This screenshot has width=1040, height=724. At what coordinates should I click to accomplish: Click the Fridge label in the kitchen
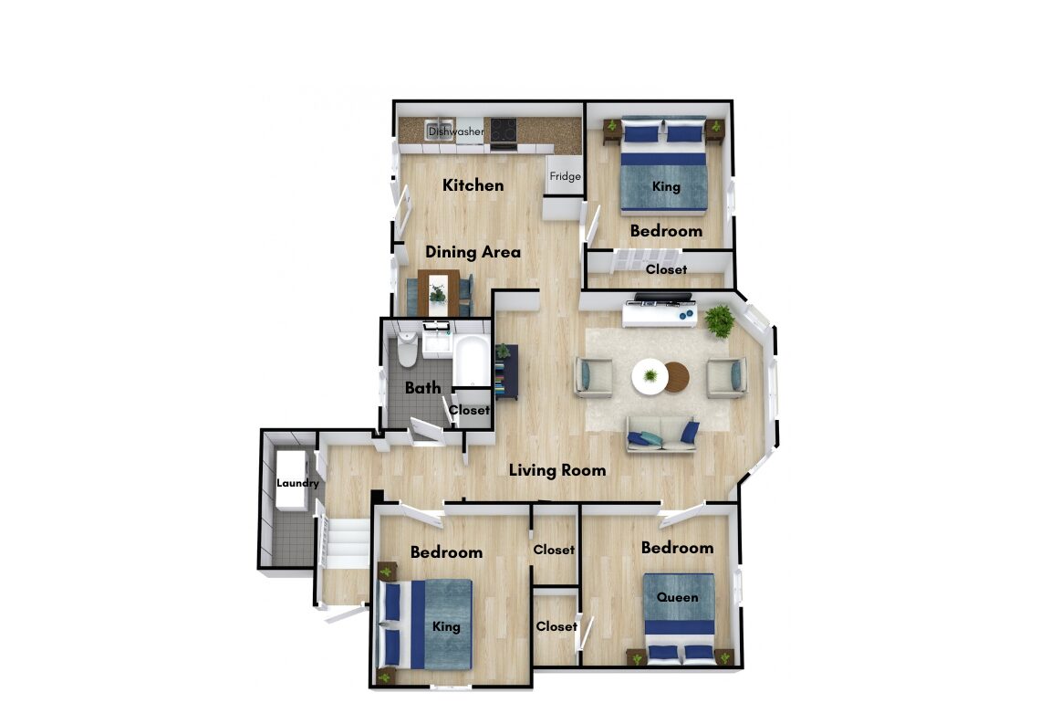pyautogui.click(x=565, y=176)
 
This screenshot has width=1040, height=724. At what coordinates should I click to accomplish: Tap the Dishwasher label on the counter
pyautogui.click(x=456, y=131)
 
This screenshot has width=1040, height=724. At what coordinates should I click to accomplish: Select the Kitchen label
pyautogui.click(x=473, y=185)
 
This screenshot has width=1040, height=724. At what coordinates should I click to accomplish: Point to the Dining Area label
pyautogui.click(x=473, y=252)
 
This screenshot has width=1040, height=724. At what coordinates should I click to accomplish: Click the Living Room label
pyautogui.click(x=557, y=470)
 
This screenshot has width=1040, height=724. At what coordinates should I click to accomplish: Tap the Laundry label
pyautogui.click(x=297, y=483)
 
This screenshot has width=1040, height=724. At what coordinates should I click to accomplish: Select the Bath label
pyautogui.click(x=423, y=387)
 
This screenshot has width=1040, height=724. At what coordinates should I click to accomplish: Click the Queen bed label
pyautogui.click(x=677, y=597)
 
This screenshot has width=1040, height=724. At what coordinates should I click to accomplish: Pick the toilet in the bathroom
pyautogui.click(x=407, y=349)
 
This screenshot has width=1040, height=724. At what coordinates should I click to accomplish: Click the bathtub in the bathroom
pyautogui.click(x=472, y=359)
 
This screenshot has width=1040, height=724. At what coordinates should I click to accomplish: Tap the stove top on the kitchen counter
pyautogui.click(x=504, y=130)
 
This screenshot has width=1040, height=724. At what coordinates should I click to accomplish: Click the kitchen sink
pyautogui.click(x=439, y=129)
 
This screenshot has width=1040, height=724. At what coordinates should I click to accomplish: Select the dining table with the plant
pyautogui.click(x=439, y=293)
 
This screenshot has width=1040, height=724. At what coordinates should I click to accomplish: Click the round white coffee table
pyautogui.click(x=650, y=377)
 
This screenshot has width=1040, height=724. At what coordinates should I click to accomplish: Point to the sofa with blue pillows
pyautogui.click(x=662, y=435)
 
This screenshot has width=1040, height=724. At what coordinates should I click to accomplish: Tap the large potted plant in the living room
pyautogui.click(x=720, y=321)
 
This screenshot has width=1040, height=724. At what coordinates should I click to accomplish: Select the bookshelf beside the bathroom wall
pyautogui.click(x=506, y=372)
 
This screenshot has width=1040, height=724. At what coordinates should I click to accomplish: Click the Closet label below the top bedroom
pyautogui.click(x=667, y=269)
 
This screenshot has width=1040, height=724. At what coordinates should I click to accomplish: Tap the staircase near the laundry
pyautogui.click(x=344, y=543)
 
